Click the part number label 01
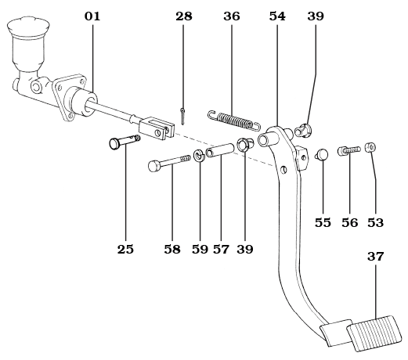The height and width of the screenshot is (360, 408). click(x=92, y=16)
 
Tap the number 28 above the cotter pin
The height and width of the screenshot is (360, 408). click(x=184, y=16)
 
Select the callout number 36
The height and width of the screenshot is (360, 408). click(x=232, y=16)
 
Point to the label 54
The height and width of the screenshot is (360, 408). click(x=276, y=16)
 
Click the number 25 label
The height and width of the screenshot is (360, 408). click(x=125, y=250)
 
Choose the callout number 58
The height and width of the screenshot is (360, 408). click(x=172, y=250)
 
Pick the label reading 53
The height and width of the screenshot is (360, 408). click(x=376, y=222)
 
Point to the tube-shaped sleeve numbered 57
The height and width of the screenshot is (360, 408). click(x=220, y=147)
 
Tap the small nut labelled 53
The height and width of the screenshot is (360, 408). click(x=370, y=146)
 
